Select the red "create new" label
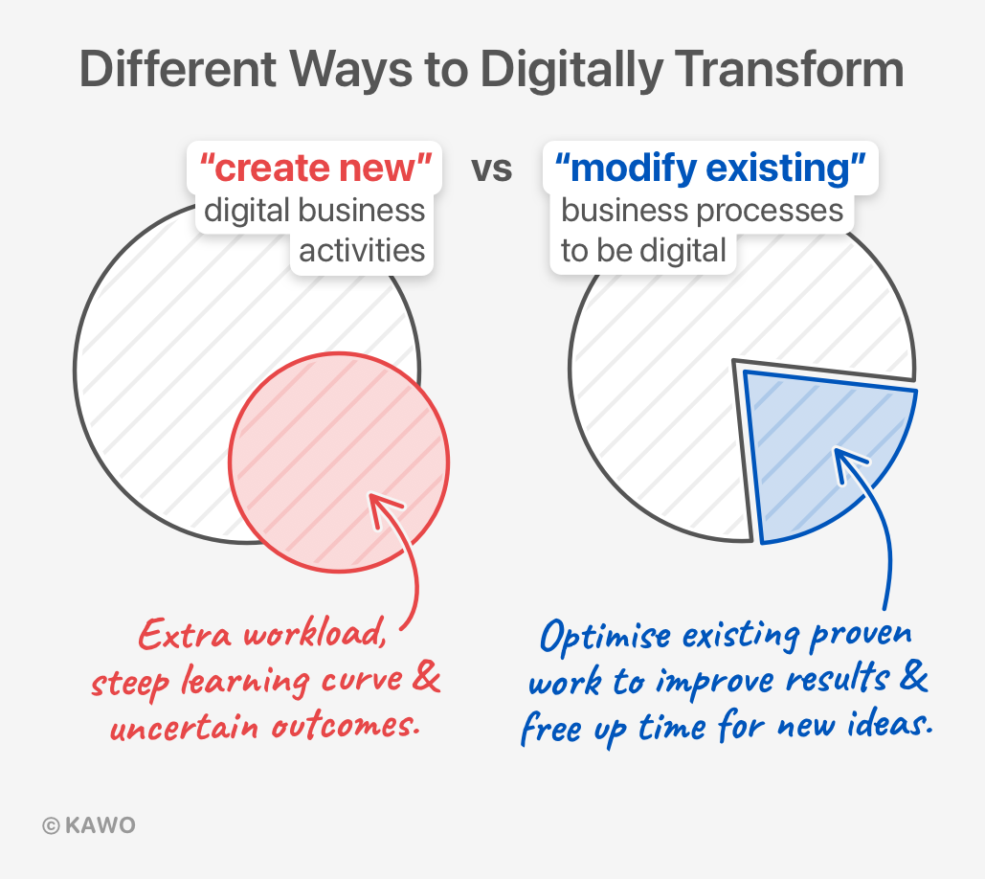315,168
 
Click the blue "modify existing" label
710,168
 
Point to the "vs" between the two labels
492,169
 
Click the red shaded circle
339,462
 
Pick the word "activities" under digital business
362,251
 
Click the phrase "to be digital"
643,251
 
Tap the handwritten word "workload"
315,632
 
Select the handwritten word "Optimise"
605,636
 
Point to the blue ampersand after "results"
913,675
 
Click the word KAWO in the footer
101,825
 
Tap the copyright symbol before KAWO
51,825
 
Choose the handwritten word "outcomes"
345,726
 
